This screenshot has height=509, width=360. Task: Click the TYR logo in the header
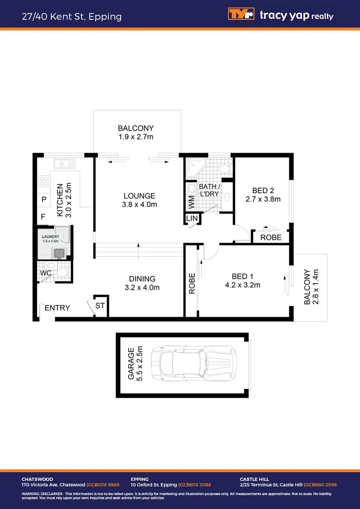(241, 15)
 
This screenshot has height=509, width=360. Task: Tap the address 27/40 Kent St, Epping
(72, 17)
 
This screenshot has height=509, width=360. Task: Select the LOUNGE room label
(139, 200)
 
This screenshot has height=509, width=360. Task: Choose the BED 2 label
(263, 195)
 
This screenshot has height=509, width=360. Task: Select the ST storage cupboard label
(101, 306)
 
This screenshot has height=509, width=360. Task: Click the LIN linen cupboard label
(192, 219)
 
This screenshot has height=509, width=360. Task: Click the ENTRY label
(57, 308)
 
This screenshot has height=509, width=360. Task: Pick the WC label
(46, 273)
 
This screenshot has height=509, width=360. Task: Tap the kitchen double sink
(65, 164)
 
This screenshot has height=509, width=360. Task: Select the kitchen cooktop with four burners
(44, 181)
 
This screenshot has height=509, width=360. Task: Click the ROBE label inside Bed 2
(271, 238)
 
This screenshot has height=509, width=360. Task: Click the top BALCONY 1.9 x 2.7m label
(136, 132)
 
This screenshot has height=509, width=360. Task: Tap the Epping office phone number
(194, 484)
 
